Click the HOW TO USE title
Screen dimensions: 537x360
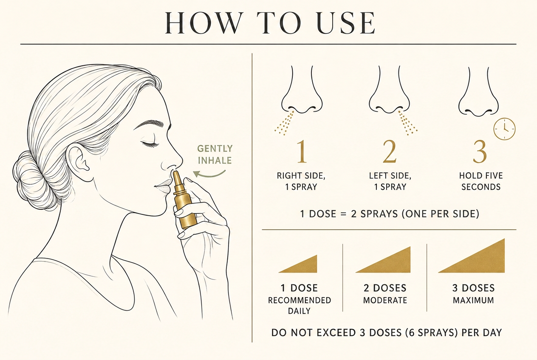point(270,23)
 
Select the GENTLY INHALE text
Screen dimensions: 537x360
point(215,155)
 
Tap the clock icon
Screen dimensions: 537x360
point(504,129)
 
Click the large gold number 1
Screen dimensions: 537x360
point(302,152)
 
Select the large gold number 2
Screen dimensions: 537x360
point(390,152)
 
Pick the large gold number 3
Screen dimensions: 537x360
point(480,152)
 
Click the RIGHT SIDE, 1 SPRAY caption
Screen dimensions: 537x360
point(301,181)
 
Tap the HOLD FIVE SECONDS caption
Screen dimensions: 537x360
point(481,181)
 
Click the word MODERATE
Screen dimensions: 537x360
point(385,301)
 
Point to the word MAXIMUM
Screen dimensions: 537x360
point(473,301)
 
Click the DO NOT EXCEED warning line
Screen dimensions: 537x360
point(387,333)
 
